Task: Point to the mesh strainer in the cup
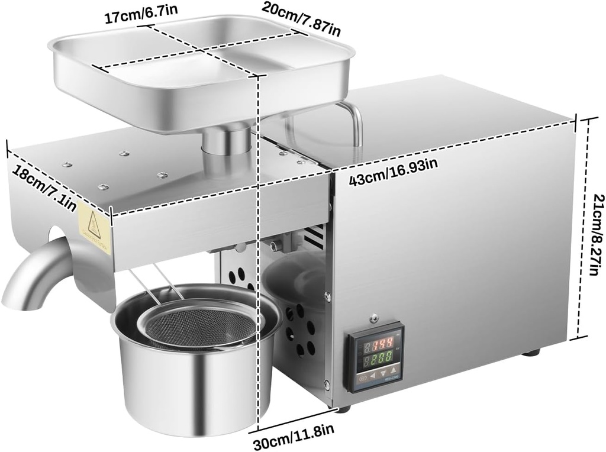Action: (x=201, y=325)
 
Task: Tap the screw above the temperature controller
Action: (x=373, y=318)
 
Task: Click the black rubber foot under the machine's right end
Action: (x=531, y=353)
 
